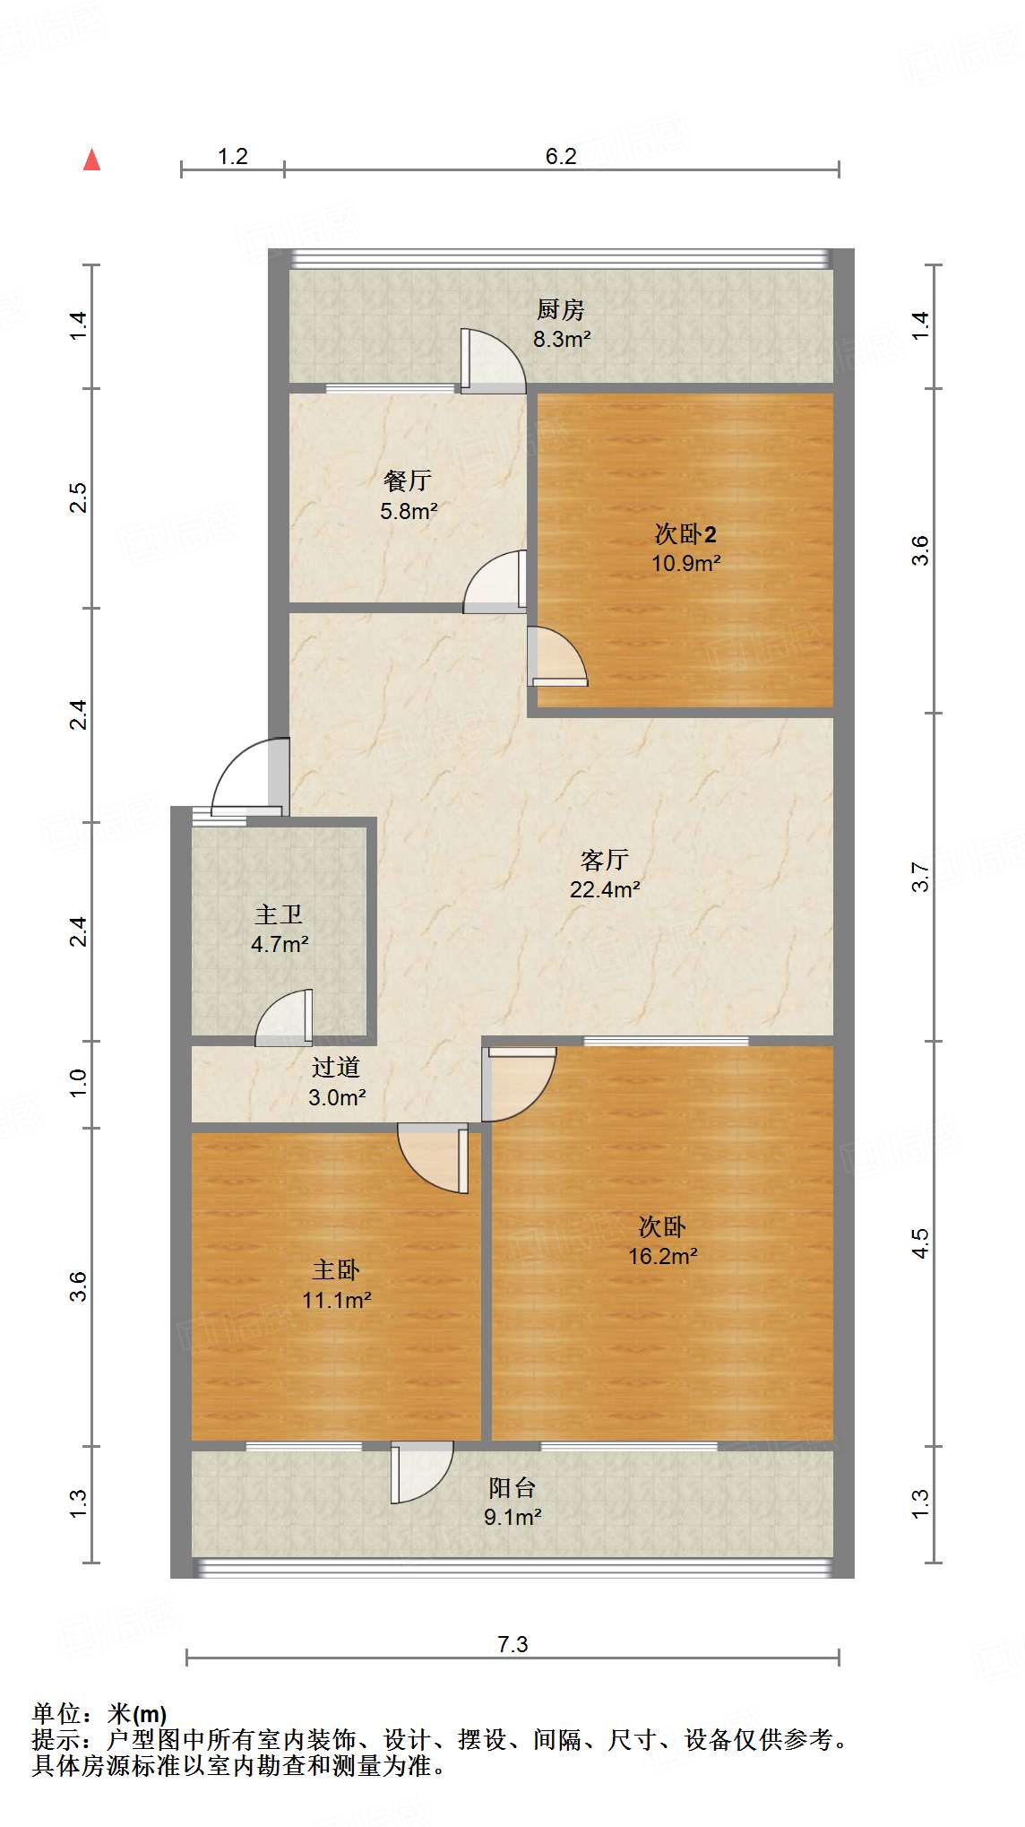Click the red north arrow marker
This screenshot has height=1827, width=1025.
coord(91,160)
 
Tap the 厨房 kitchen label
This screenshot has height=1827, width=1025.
coord(561,310)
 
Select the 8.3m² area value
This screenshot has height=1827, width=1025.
coord(562,339)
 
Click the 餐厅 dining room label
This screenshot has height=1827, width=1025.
coord(408,481)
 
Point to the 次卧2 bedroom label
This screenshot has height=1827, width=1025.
coord(685,534)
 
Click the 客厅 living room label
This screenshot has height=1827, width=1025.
coord(605,861)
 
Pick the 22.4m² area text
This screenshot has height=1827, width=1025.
coord(605,889)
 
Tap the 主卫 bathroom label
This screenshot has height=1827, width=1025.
coord(279,915)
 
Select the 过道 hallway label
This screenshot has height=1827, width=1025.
coord(336,1068)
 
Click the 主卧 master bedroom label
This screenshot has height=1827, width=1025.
coord(336,1270)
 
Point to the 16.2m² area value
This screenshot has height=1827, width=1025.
coord(663,1256)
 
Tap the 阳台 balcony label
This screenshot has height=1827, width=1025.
coord(512,1488)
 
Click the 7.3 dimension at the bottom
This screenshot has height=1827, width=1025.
coord(512,1644)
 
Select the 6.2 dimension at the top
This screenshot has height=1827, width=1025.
coord(561,156)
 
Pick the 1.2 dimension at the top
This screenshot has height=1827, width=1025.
coord(233,156)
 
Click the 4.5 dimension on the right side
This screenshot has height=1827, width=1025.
coord(920,1243)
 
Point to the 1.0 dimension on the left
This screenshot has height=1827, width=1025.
coord(78,1084)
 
